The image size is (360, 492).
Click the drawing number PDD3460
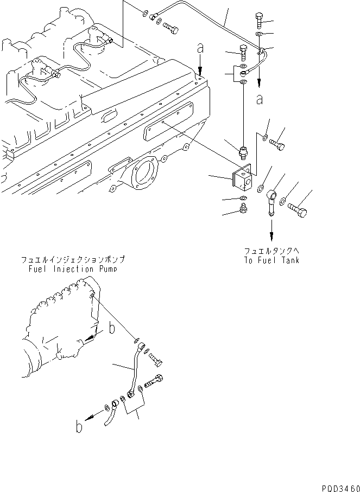(x=338, y=487)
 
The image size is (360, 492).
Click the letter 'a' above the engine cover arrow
(x=201, y=49)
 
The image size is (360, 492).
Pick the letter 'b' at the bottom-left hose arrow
(x=80, y=427)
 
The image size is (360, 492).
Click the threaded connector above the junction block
(x=243, y=148)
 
